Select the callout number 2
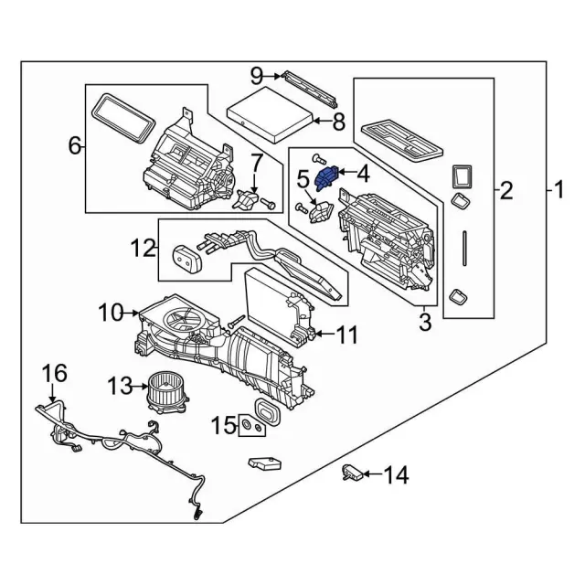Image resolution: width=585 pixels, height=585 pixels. pos(505,192)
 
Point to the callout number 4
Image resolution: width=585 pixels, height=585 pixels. pos(363,172)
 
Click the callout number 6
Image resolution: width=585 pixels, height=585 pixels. pos(75,145)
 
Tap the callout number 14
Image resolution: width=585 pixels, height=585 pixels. pos(396,474)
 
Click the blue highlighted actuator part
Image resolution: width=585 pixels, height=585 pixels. pos(325,175)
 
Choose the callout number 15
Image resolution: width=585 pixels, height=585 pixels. pos(224,426)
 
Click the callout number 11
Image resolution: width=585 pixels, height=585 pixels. pos(346,335)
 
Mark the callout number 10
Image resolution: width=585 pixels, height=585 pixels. pos(111,313)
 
